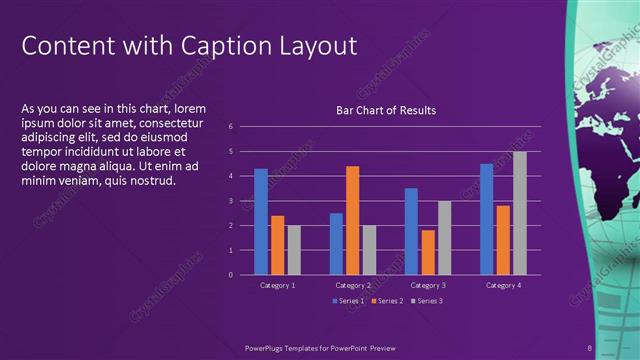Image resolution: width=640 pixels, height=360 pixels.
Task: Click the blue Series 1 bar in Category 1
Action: point(261,221)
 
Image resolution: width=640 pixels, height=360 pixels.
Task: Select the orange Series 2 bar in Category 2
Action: point(352,220)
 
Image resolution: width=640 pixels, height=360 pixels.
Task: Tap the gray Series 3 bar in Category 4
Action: point(519,213)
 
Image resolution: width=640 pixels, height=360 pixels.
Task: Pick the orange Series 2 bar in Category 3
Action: point(428,252)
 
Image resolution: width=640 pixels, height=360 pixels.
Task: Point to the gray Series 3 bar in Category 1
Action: point(294,250)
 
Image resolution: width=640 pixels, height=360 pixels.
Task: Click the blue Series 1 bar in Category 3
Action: point(411,231)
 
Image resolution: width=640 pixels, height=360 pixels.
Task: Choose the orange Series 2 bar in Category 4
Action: point(503,240)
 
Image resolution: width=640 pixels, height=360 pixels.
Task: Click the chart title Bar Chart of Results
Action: point(385,110)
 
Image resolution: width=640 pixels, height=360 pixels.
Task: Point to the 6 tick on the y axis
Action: point(231,127)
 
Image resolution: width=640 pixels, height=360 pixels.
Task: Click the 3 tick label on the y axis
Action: point(231,201)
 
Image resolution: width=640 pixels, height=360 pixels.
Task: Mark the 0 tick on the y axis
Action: point(231,275)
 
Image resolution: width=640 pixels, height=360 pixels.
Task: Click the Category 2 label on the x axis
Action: point(352,286)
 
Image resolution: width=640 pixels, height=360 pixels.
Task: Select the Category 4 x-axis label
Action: point(503,286)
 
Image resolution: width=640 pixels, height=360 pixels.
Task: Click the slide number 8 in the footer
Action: point(590,348)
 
